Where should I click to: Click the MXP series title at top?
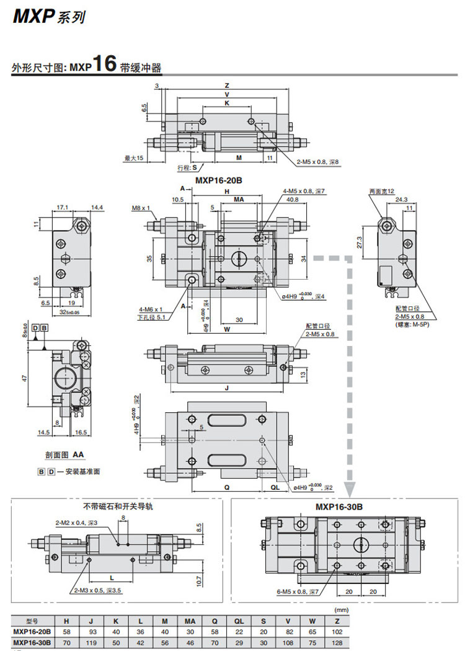pos(47,17)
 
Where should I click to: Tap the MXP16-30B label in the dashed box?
pos(339,507)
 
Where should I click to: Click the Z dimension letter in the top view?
pos(227,86)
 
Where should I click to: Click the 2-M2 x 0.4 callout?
pos(77,523)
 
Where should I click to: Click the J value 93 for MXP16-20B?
pos(91,631)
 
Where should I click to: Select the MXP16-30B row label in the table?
pos(32,642)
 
